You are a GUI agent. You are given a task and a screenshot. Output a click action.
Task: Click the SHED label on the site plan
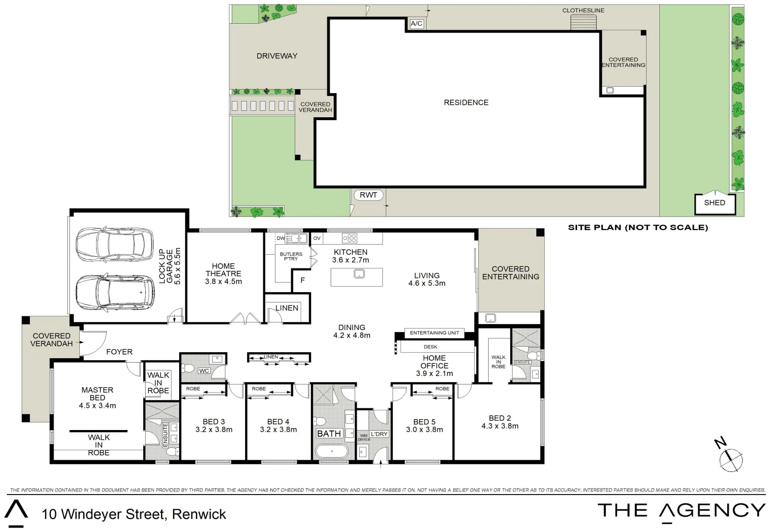(x=714, y=202)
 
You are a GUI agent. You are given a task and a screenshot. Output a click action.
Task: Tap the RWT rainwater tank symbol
(x=368, y=195)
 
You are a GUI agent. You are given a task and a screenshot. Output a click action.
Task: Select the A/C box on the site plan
(x=416, y=24)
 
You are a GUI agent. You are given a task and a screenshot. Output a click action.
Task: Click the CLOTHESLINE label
(x=583, y=10)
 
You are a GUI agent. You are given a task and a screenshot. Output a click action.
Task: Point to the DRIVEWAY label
(x=277, y=56)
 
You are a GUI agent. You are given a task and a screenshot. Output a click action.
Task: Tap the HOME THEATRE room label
(x=223, y=270)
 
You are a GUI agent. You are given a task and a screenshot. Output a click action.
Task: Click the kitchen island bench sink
(x=359, y=273)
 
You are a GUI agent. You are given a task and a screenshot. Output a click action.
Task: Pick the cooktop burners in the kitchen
(x=350, y=238)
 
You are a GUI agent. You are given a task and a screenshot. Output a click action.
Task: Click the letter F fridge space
(x=303, y=280)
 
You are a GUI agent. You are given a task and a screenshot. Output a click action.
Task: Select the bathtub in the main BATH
(x=331, y=451)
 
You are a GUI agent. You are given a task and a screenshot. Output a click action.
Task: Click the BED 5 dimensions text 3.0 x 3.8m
(x=424, y=430)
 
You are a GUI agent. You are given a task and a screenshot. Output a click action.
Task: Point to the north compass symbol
(x=730, y=459)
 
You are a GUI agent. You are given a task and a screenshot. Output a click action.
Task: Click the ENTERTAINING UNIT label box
(x=434, y=333)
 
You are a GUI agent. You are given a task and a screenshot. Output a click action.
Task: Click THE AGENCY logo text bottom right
(x=681, y=511)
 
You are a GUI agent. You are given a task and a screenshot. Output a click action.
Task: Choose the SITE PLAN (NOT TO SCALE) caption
(x=638, y=228)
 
